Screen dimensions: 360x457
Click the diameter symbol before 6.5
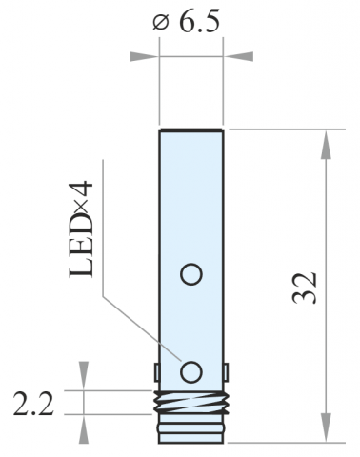point(161,23)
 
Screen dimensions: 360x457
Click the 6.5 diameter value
point(199,22)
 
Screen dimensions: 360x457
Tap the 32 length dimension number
point(304,288)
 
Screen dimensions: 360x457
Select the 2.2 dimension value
point(33,404)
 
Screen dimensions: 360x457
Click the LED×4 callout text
point(81,229)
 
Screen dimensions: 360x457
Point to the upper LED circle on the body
point(191,274)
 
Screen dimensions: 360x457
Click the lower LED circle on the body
point(191,372)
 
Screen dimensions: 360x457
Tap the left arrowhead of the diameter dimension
point(145,56)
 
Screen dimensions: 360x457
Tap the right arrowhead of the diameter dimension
point(238,56)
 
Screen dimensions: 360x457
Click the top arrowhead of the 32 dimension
point(326,145)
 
